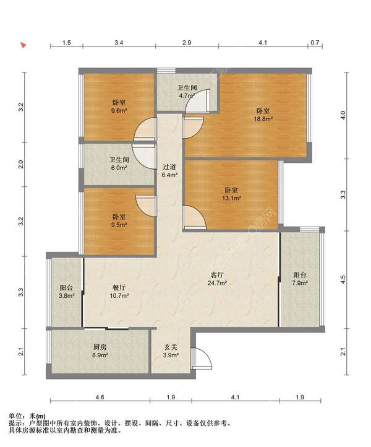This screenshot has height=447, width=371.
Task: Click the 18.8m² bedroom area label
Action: pos(263,115)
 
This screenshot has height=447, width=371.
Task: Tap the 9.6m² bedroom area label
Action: pos(119,106)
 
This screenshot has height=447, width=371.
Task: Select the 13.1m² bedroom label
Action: pos(232,194)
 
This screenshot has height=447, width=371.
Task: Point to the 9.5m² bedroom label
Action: pos(119,220)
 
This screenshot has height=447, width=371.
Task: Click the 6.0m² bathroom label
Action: pos(119,163)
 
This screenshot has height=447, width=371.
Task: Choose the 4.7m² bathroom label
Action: pos(187,92)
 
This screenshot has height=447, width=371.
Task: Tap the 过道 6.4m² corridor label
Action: pos(169,171)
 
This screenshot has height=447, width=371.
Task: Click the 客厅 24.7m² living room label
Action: pos(216,279)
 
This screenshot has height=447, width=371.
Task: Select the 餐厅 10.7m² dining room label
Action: pos(119,292)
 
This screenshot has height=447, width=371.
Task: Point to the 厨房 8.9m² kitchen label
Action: pos(100,351)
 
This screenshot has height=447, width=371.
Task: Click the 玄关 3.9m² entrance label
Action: pos(171,351)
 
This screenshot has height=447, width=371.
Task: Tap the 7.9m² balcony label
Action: pos(300,279)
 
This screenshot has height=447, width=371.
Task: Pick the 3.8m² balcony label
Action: pos(66,292)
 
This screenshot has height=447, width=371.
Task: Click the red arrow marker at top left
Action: pos(23,45)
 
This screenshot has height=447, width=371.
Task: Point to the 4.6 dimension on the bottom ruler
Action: pos(100,397)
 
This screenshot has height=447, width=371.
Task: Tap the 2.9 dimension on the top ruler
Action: pos(187,43)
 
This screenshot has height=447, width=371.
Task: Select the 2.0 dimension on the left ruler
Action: pos(21,164)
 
